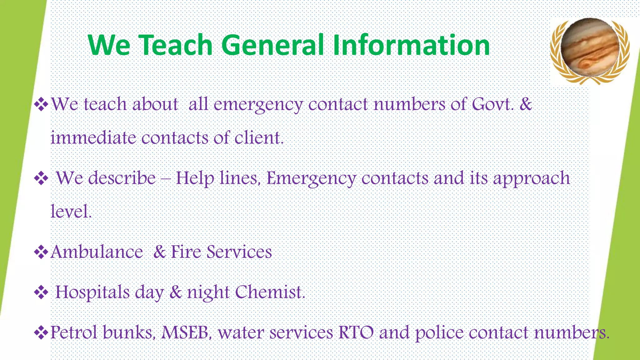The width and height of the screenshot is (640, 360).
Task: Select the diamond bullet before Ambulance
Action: click(x=41, y=252)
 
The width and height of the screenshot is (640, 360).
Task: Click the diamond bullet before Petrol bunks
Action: click(x=41, y=332)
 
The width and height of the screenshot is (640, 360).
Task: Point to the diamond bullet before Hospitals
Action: click(x=41, y=292)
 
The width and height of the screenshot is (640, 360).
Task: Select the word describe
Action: click(x=122, y=178)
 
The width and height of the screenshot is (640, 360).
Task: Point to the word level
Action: click(x=71, y=212)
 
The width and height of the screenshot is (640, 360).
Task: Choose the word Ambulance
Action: click(x=97, y=252)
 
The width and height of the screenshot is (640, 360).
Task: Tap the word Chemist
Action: click(x=270, y=292)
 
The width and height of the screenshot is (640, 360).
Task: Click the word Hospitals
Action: click(x=92, y=293)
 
